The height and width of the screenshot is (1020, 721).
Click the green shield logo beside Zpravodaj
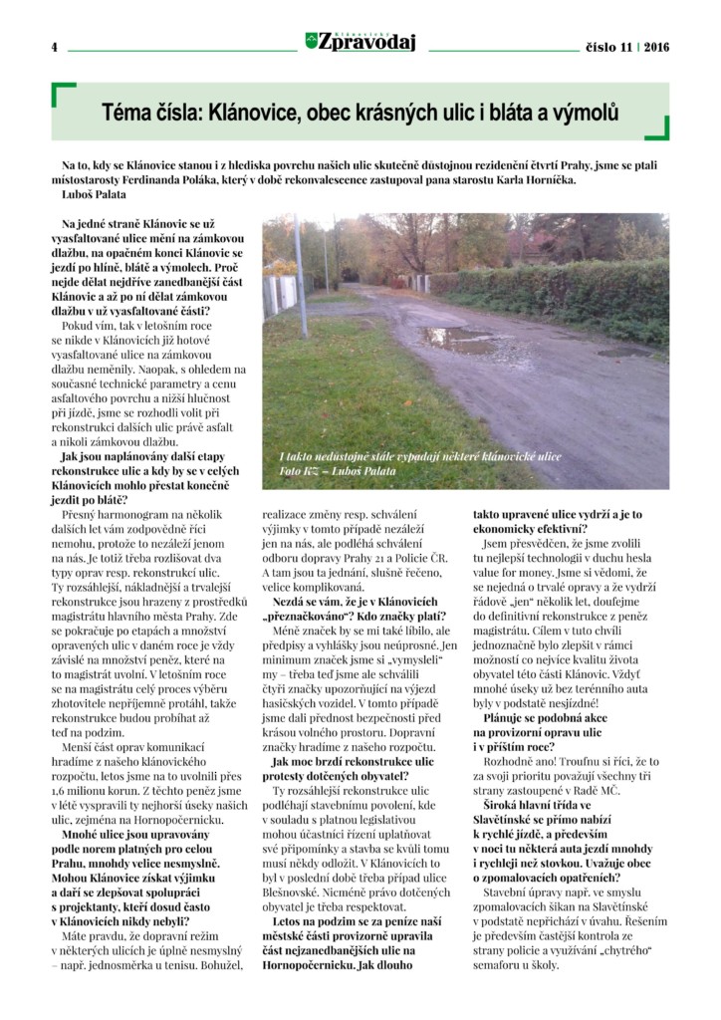(312, 41)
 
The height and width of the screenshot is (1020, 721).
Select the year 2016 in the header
(656, 47)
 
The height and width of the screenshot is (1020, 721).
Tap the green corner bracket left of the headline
(62, 95)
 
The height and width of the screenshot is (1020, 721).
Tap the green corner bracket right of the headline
(657, 128)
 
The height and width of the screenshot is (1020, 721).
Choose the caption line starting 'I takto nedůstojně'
(418, 456)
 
